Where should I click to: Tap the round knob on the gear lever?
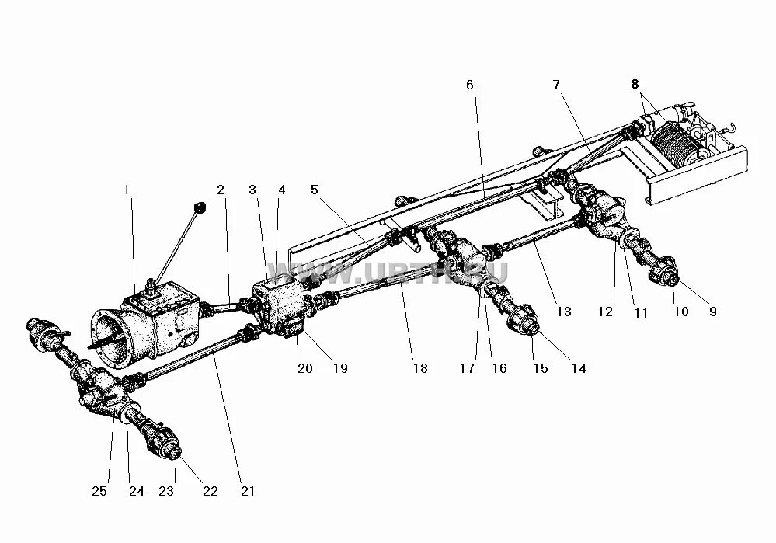click(199, 207)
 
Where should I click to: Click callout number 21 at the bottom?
click(247, 491)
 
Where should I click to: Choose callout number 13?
click(564, 312)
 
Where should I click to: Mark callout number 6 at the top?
click(469, 84)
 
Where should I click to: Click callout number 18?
click(419, 368)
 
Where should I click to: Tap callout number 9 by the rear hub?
click(712, 312)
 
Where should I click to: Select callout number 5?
click(314, 190)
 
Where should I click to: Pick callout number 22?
click(210, 491)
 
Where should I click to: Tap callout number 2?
click(221, 190)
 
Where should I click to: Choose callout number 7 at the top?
click(556, 84)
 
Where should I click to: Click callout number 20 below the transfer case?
click(304, 368)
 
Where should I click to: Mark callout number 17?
click(466, 368)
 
